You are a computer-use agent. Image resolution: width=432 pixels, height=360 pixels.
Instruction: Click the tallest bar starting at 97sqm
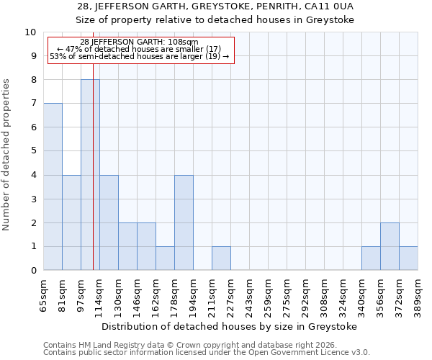tap(90, 175)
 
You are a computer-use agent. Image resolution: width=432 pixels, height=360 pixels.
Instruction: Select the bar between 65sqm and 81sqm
tap(53, 186)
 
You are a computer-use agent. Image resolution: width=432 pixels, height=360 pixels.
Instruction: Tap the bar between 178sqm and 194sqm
tap(184, 222)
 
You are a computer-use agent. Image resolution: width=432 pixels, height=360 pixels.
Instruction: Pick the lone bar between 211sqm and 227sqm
tap(221, 258)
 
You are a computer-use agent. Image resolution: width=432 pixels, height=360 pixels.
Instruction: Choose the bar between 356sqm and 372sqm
tap(390, 246)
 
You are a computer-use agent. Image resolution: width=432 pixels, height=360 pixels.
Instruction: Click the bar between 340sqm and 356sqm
tap(371, 258)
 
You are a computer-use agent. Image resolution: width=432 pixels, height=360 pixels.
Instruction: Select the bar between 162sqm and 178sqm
tap(165, 258)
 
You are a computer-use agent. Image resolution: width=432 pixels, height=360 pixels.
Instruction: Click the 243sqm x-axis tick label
tap(250, 294)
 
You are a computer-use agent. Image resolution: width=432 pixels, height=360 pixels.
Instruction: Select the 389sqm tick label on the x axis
tap(418, 294)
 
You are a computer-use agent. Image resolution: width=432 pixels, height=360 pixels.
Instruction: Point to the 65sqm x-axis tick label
tap(44, 294)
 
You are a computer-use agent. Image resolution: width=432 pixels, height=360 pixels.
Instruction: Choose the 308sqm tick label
tap(325, 294)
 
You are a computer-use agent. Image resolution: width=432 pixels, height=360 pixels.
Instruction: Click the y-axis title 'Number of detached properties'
tap(7, 156)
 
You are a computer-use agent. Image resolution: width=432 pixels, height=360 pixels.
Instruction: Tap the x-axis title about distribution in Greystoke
tap(230, 326)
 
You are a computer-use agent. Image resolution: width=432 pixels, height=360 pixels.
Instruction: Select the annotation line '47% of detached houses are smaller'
tap(139, 49)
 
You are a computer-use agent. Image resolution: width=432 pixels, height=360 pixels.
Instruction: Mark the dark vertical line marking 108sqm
tap(94, 180)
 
